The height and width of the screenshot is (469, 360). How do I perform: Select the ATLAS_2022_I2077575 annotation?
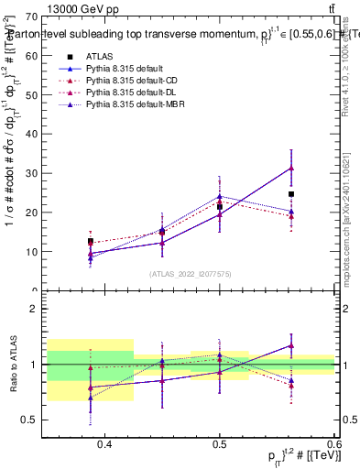pos(191,274)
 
